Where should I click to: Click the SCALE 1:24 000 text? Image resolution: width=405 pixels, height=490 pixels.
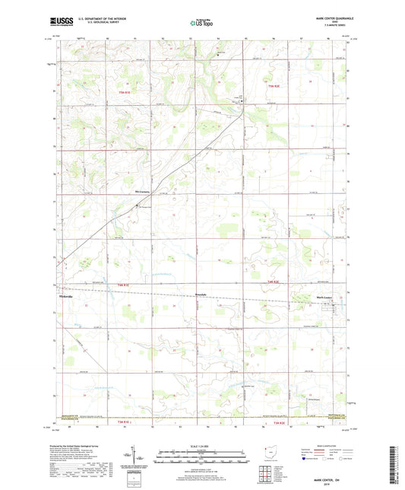click(x=202, y=446)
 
